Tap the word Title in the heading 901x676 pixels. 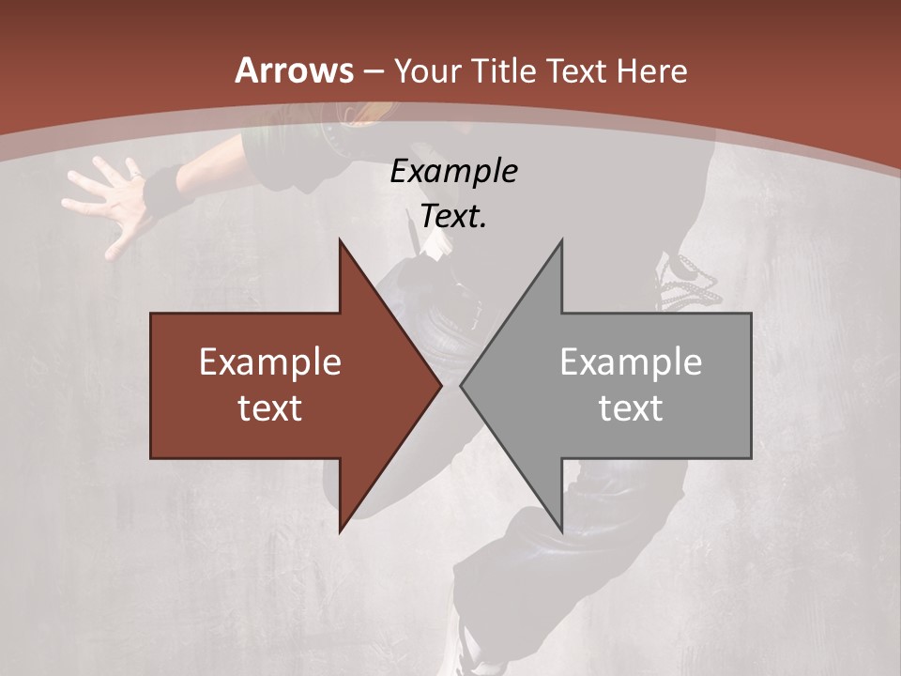(505, 70)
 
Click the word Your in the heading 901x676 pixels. (429, 70)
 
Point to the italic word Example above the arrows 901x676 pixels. (453, 171)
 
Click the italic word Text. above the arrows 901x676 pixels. (453, 216)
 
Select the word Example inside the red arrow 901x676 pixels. (270, 361)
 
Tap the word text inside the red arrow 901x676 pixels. (270, 407)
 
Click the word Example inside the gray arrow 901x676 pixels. (631, 361)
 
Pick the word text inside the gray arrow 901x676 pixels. (631, 407)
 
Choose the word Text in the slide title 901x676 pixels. (576, 70)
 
